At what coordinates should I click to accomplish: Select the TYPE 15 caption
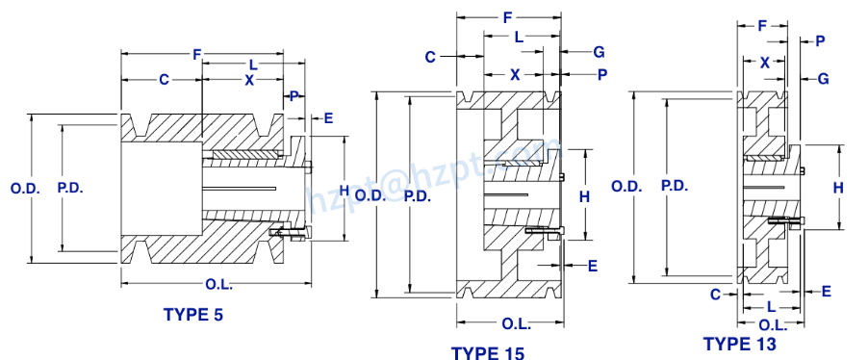[488, 354]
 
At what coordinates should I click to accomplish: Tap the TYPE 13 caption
[739, 343]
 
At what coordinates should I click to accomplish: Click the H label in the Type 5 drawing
[344, 189]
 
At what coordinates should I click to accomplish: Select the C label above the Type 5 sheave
[164, 80]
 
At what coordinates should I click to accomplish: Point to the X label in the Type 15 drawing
[514, 74]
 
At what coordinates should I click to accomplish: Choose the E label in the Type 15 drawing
[592, 264]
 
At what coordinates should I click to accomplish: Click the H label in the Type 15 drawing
[583, 196]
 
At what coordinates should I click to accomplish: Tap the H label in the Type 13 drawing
[837, 188]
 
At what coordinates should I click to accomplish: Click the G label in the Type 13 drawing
[824, 78]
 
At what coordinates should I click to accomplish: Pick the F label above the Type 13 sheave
[762, 25]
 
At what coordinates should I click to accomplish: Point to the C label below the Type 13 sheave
[715, 294]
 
